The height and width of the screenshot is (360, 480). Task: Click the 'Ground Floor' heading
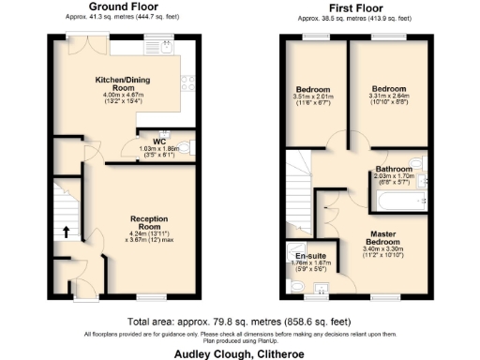[x=122, y=7]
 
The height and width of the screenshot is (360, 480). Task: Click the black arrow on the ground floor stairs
[x=66, y=231]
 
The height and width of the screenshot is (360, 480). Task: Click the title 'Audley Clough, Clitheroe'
[x=240, y=353]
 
